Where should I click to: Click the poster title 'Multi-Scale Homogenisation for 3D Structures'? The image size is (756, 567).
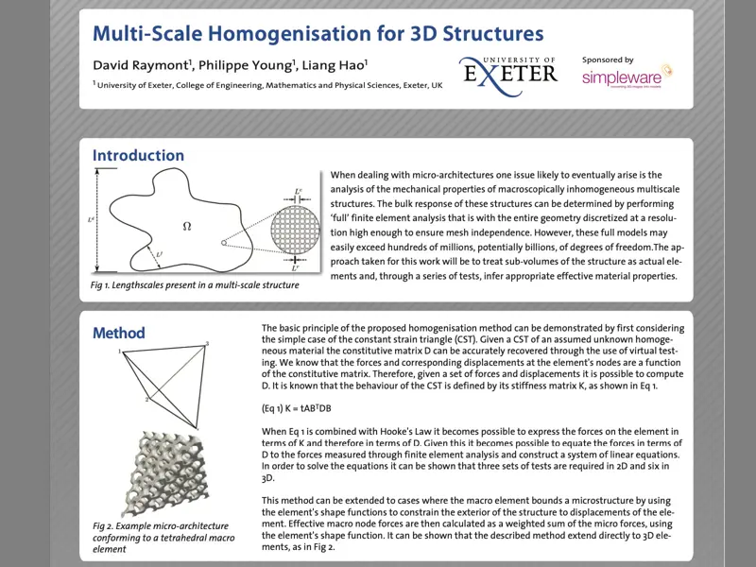pyautogui.click(x=318, y=34)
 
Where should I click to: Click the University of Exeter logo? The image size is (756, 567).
pyautogui.click(x=507, y=73)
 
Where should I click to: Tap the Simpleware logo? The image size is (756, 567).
pyautogui.click(x=626, y=77)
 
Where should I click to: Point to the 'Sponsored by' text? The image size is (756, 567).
pyautogui.click(x=608, y=60)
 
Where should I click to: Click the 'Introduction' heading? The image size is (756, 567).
pyautogui.click(x=138, y=156)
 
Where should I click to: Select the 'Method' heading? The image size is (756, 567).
pyautogui.click(x=118, y=333)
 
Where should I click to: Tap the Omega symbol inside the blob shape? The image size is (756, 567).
pyautogui.click(x=186, y=226)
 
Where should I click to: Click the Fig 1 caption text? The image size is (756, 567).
pyautogui.click(x=196, y=284)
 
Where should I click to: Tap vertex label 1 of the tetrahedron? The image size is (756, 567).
pyautogui.click(x=121, y=352)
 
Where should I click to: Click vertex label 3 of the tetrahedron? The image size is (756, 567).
pyautogui.click(x=207, y=343)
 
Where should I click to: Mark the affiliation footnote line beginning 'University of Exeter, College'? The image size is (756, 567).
pyautogui.click(x=267, y=85)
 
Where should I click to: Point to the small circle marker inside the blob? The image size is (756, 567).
pyautogui.click(x=224, y=243)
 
